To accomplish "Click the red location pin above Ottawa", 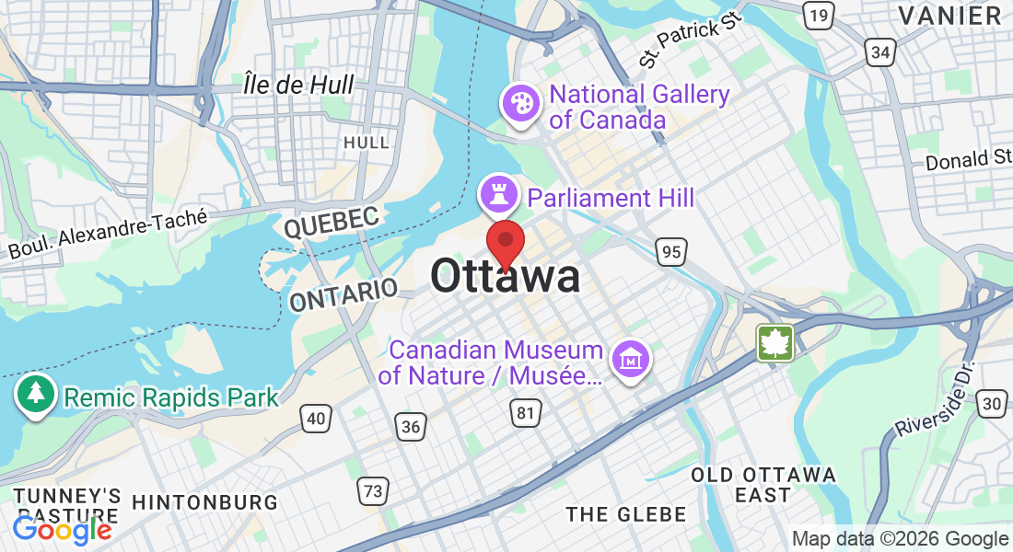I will coord(506,241).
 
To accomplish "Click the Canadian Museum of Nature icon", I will coord(632,358).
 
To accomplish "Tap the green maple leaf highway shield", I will coord(774,343).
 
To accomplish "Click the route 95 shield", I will coord(671,250).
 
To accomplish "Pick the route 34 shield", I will coord(879,52).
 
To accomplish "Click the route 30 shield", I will coord(992,403).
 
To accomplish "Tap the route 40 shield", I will coord(316,419).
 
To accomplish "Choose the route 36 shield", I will coord(411,425).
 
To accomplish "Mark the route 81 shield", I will coord(525,413).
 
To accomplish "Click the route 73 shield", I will coord(372,491).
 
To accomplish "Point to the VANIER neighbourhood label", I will coord(949,16).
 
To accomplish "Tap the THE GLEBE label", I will coord(626,513).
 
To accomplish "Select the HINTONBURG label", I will coord(204,502).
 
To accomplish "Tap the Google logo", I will coord(62,529).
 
